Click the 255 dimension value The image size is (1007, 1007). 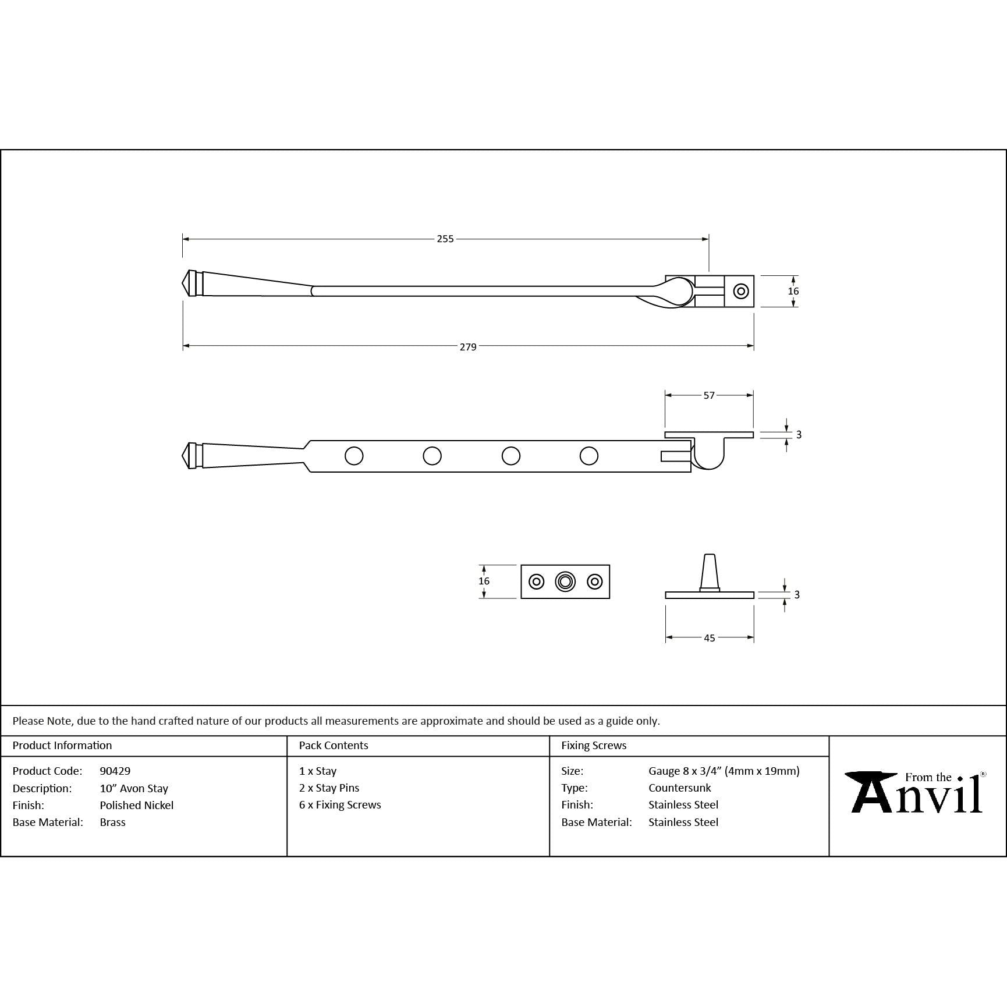[x=445, y=239]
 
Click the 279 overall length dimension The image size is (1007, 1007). [x=468, y=347]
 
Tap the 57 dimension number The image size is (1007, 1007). [x=709, y=395]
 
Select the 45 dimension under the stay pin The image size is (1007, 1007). [x=710, y=638]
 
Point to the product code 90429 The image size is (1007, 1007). [x=115, y=771]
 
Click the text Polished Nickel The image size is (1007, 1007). [x=137, y=805]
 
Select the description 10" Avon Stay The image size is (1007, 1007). [x=134, y=788]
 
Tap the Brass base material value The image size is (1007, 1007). [x=113, y=822]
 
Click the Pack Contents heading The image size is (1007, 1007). [x=334, y=745]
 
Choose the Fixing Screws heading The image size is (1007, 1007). [x=594, y=745]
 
